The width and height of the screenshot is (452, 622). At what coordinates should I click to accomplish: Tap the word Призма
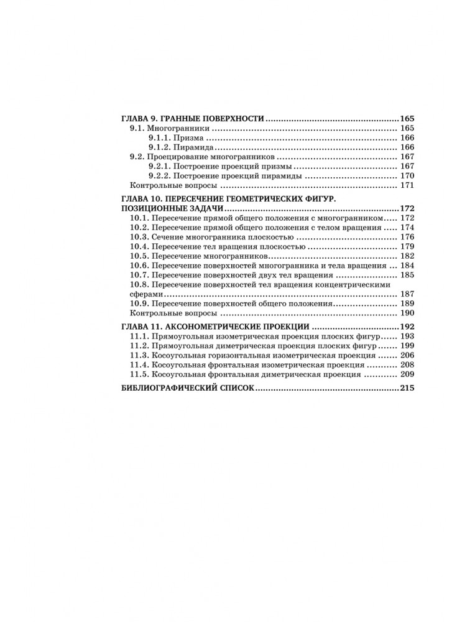click(191, 137)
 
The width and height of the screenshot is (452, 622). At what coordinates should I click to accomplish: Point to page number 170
click(407, 176)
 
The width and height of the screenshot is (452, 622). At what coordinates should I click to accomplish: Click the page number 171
click(407, 186)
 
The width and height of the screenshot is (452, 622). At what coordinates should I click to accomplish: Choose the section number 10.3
click(139, 237)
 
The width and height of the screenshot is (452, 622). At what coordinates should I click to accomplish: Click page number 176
click(407, 237)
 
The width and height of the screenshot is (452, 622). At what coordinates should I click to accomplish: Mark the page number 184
click(407, 266)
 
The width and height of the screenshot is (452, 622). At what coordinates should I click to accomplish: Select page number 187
click(407, 294)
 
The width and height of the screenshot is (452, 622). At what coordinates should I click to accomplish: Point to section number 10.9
click(139, 304)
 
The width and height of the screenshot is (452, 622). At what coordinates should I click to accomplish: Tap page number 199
click(407, 345)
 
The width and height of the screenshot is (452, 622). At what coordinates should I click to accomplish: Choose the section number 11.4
click(139, 364)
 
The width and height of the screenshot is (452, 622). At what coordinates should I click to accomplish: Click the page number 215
click(407, 388)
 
